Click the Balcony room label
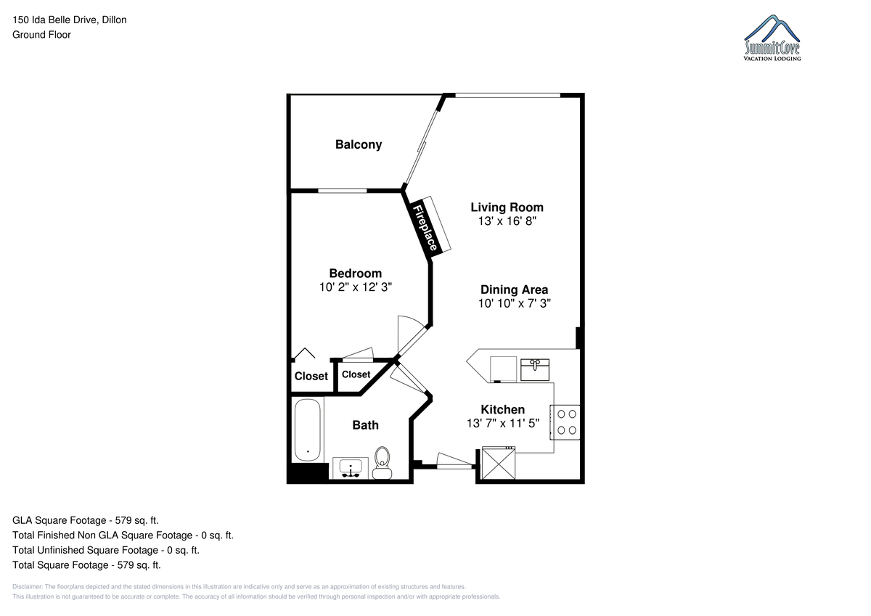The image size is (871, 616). click(359, 144)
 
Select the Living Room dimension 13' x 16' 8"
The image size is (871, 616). click(507, 221)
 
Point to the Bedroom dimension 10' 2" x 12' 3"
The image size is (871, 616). click(356, 287)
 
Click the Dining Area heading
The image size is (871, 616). click(514, 289)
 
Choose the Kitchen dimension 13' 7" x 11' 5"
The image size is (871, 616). click(503, 423)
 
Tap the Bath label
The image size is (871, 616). click(366, 425)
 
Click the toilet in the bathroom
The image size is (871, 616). click(383, 463)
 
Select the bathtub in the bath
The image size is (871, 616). click(308, 430)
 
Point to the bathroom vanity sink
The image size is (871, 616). click(351, 467)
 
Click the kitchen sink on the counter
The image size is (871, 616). click(535, 369)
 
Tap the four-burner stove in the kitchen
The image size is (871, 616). click(565, 422)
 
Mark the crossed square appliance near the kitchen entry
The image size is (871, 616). click(499, 463)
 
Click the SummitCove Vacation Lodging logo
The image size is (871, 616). click(772, 38)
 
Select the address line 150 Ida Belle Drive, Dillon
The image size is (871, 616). click(70, 20)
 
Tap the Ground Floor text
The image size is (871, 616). click(41, 35)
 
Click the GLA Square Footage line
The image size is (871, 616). click(86, 520)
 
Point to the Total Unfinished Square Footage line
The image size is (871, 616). click(106, 550)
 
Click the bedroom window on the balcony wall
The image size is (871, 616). click(343, 190)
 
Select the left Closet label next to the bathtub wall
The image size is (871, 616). click(311, 377)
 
